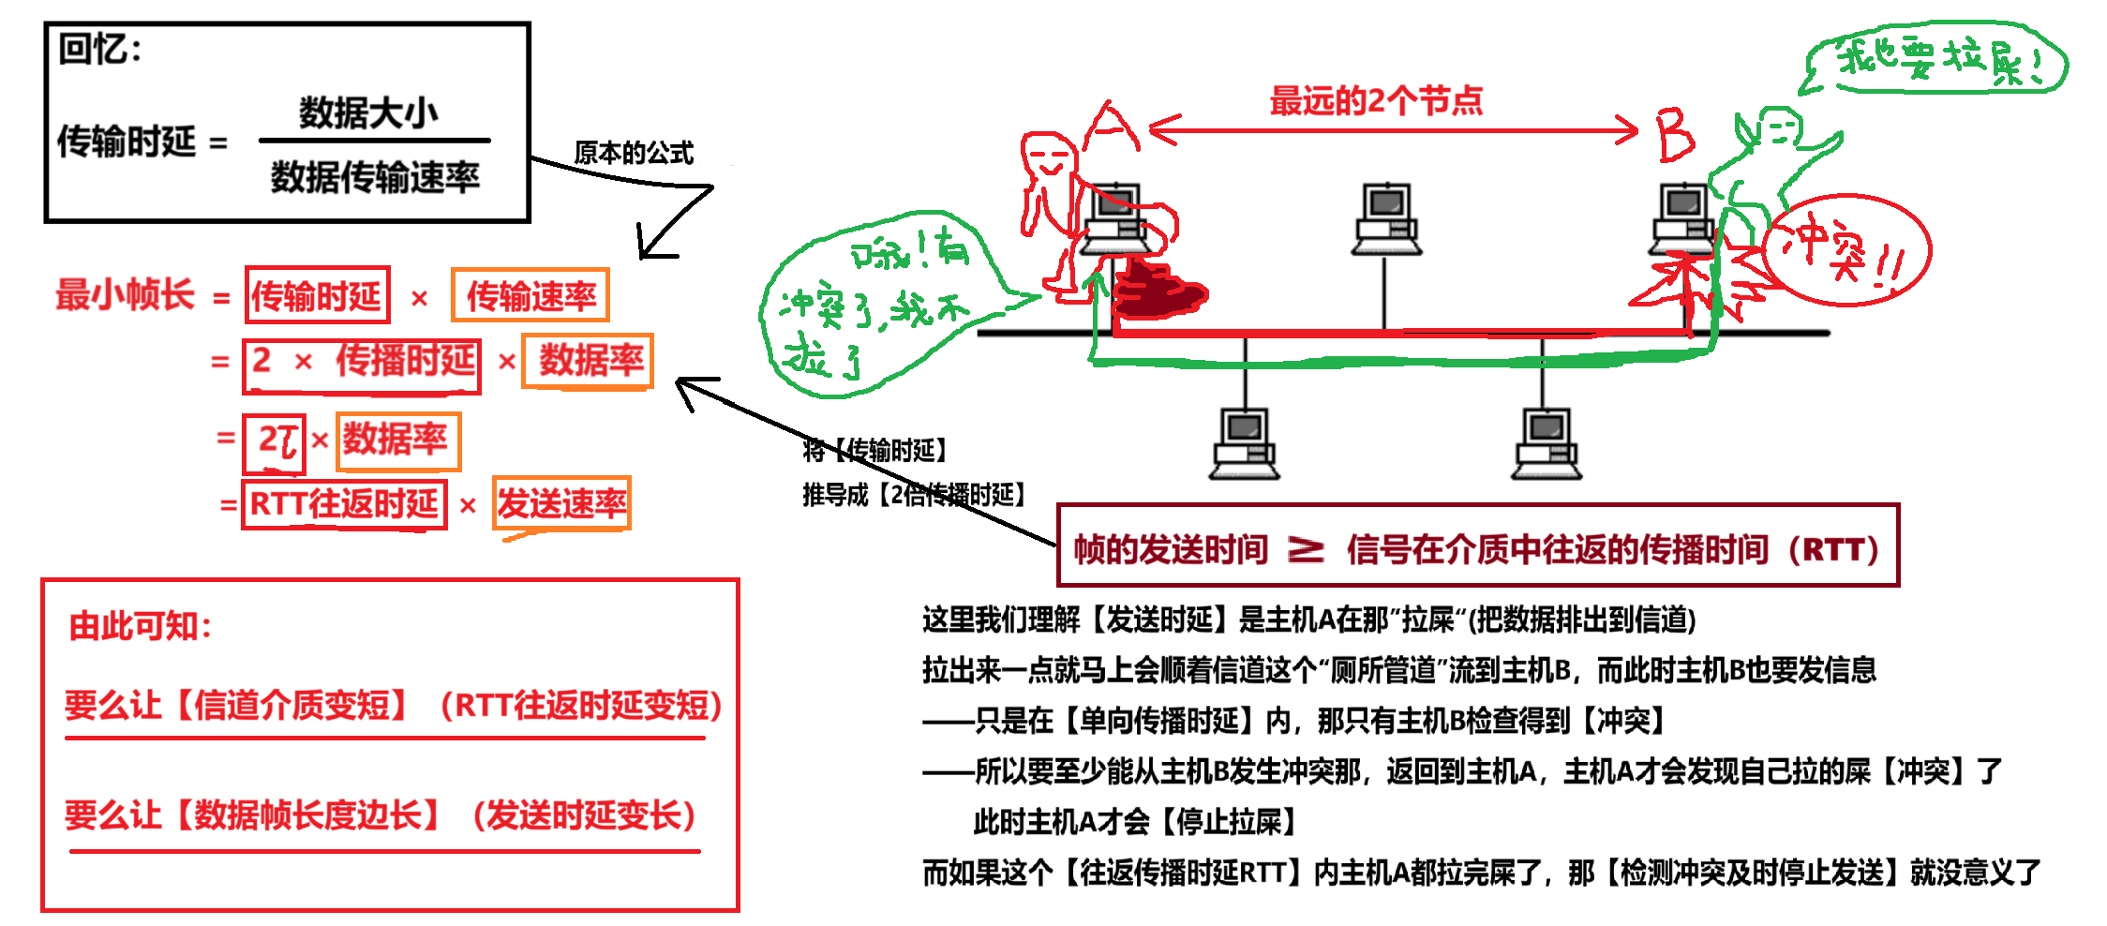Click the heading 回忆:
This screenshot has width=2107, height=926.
pyautogui.click(x=99, y=49)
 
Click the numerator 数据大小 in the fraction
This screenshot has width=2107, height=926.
pyautogui.click(x=368, y=112)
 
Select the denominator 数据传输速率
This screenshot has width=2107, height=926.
pyautogui.click(x=375, y=176)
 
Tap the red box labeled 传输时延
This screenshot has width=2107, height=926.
pyautogui.click(x=317, y=295)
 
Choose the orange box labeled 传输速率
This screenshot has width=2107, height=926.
pyautogui.click(x=530, y=295)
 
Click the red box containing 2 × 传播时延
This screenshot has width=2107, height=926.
pyautogui.click(x=362, y=364)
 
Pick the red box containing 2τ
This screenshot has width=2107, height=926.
pyautogui.click(x=275, y=442)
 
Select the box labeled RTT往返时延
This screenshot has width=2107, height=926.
pyautogui.click(x=344, y=504)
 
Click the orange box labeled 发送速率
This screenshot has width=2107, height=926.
pyautogui.click(x=561, y=504)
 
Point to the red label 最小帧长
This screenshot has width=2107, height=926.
pyautogui.click(x=125, y=294)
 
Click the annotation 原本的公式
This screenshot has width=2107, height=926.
pyautogui.click(x=634, y=152)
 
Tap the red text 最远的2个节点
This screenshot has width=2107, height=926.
pyautogui.click(x=1376, y=100)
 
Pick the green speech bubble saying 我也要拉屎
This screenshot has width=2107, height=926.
pyautogui.click(x=1936, y=59)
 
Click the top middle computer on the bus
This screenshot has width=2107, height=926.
pyautogui.click(x=1386, y=219)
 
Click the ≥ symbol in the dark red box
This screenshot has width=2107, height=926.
pyautogui.click(x=1306, y=549)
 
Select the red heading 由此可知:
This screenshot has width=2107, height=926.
pyautogui.click(x=141, y=626)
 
